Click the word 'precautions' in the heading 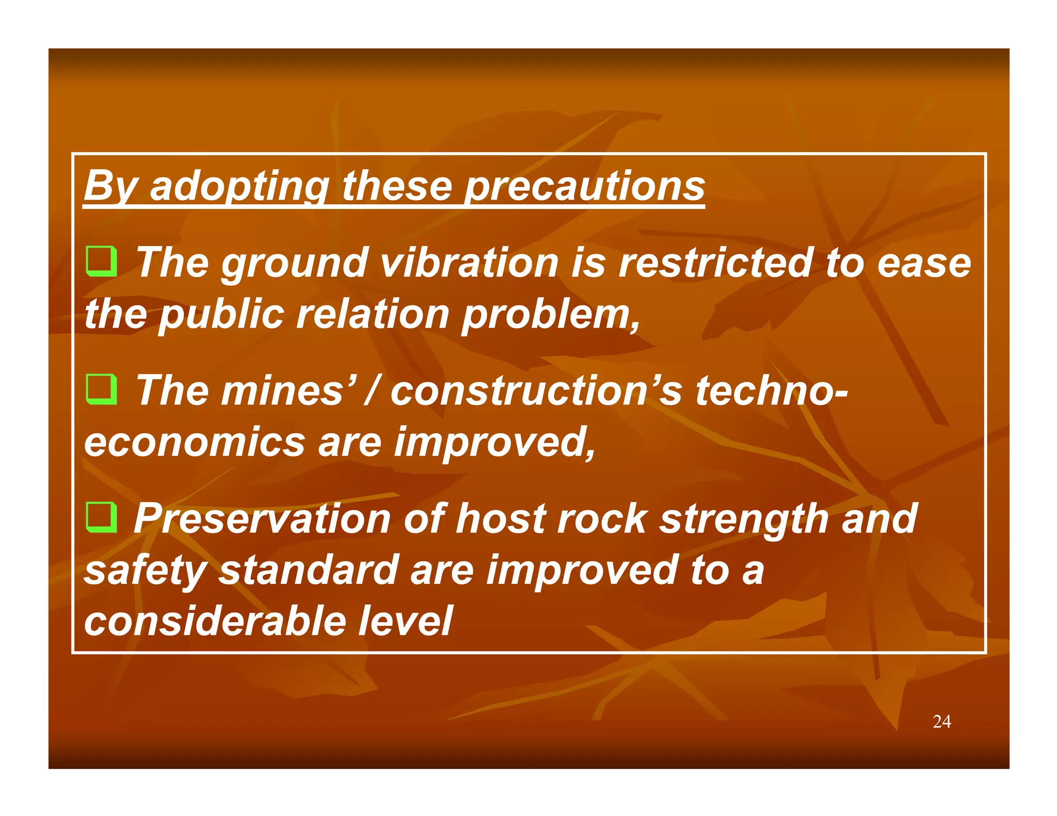pyautogui.click(x=584, y=186)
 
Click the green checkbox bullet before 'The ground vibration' pyautogui.click(x=101, y=262)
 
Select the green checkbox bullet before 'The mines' pyautogui.click(x=101, y=390)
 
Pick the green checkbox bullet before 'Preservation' pyautogui.click(x=101, y=517)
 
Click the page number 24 pyautogui.click(x=941, y=722)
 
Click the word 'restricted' pyautogui.click(x=715, y=263)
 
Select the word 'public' pyautogui.click(x=221, y=314)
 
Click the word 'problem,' pyautogui.click(x=551, y=314)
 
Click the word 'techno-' pyautogui.click(x=771, y=390)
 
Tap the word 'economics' pyautogui.click(x=195, y=443)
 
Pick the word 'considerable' pyautogui.click(x=215, y=621)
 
